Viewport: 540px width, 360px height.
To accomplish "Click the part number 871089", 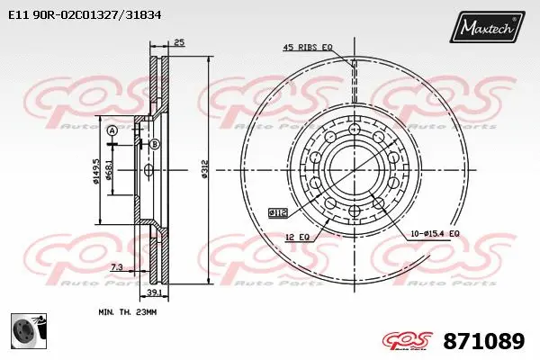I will pos(484,341).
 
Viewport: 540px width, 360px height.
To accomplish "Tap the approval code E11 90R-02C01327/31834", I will pos(78,15).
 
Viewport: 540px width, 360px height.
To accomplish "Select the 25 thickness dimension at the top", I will pos(179,42).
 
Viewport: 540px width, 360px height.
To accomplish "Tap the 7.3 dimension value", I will pos(116,267).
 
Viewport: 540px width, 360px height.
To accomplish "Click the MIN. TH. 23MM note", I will pos(129,311).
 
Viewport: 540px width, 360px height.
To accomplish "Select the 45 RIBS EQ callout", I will pos(308,47).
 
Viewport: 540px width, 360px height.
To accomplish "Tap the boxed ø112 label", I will pos(277,213).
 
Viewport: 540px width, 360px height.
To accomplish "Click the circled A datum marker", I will pos(112,131).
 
